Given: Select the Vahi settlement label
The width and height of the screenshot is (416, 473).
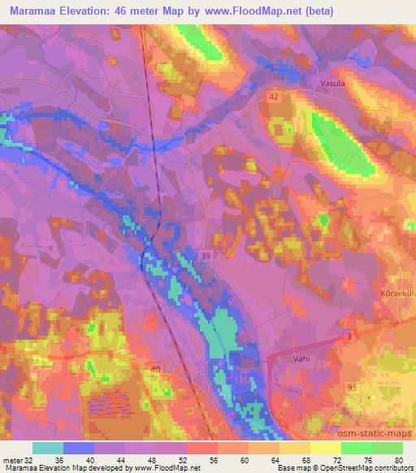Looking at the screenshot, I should pos(303,358).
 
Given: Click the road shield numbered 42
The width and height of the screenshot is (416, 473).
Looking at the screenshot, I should pos(276,96).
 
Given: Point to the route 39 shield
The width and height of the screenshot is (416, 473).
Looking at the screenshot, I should pos(207,256).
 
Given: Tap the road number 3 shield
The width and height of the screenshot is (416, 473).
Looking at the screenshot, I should pos(349,336).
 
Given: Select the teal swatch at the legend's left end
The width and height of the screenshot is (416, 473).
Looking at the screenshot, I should pos(48,448).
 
